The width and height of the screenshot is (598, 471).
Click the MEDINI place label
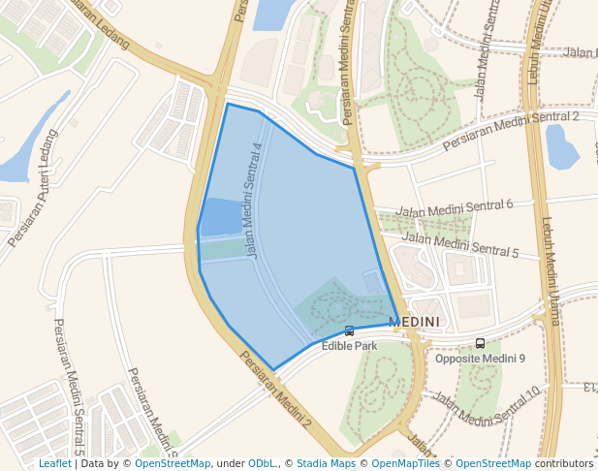pyautogui.click(x=414, y=322)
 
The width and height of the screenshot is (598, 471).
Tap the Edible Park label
pyautogui.click(x=349, y=345)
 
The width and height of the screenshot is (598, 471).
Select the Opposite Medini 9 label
pyautogui.click(x=480, y=359)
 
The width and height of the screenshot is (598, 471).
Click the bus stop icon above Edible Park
pyautogui.click(x=349, y=331)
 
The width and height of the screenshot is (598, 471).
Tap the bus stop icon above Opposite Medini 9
pyautogui.click(x=480, y=343)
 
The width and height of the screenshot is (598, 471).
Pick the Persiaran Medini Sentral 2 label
pyautogui.click(x=510, y=131)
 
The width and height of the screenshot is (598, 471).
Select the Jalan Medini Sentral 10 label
pyautogui.click(x=485, y=406)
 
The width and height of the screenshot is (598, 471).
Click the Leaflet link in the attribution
pyautogui.click(x=54, y=464)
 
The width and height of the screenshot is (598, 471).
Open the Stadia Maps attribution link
pyautogui.click(x=326, y=464)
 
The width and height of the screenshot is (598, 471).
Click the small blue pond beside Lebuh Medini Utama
pyautogui.click(x=561, y=145)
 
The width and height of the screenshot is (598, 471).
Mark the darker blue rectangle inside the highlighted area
pyautogui.click(x=222, y=216)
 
